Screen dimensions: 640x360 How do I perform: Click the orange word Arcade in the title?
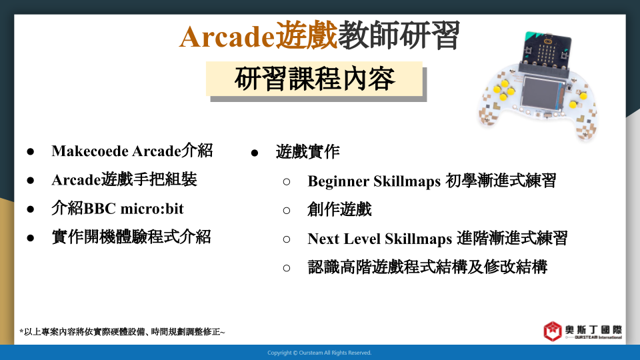point(227,37)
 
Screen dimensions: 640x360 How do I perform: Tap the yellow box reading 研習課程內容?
point(314,79)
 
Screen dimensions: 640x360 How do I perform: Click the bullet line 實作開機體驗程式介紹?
point(131,237)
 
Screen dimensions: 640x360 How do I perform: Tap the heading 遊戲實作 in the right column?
point(308,152)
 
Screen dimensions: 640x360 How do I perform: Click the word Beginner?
point(338,181)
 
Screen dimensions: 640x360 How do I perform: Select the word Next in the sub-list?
point(323,239)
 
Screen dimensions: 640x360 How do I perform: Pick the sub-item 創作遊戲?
point(339,210)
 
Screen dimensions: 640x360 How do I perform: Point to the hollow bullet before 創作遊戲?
point(287,211)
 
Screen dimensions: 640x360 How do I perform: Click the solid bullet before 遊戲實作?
point(255,153)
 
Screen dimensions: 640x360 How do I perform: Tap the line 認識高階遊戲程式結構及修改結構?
point(427,267)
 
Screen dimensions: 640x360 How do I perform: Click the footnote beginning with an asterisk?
point(122,332)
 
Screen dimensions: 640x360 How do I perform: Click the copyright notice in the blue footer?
point(319,353)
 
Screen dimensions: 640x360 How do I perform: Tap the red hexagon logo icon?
point(553,331)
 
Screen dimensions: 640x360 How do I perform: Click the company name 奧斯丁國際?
point(593,329)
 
